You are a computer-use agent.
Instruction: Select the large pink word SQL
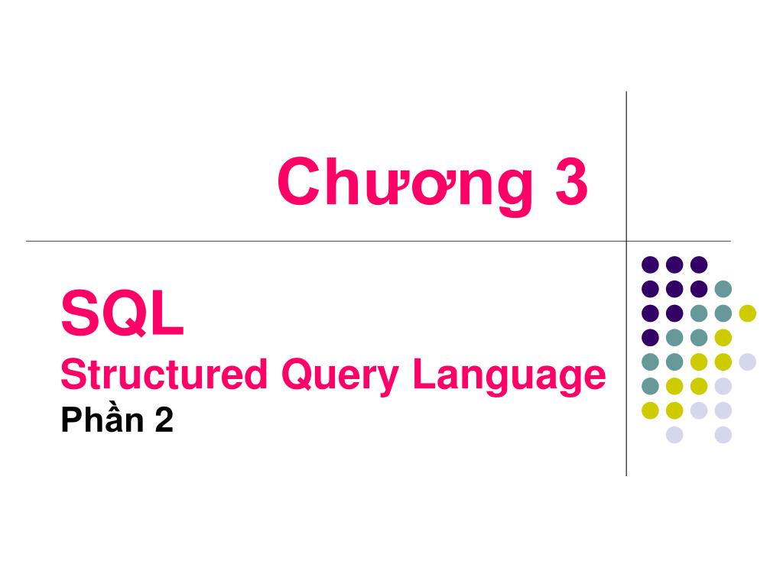click(122, 316)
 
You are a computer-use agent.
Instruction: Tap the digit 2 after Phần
click(164, 420)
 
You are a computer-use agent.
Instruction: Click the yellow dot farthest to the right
click(747, 313)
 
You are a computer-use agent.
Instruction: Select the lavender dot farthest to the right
click(747, 362)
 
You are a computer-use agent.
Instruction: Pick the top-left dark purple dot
click(650, 264)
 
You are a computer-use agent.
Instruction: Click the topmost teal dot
click(723, 289)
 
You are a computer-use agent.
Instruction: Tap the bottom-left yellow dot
click(650, 410)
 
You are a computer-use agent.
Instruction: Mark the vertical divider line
click(626, 153)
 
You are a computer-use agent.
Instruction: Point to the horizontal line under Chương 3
click(306, 242)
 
